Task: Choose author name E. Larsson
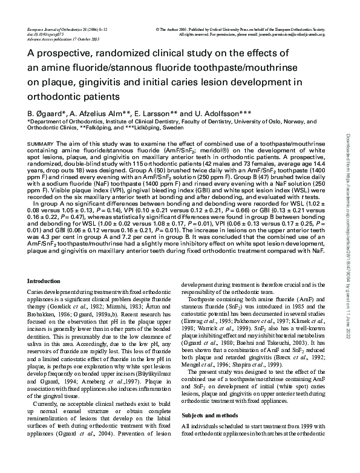point(163,113)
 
